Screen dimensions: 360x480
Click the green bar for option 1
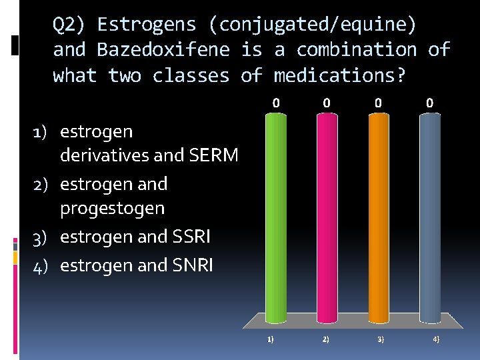point(276,217)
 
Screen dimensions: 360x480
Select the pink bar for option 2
point(327,217)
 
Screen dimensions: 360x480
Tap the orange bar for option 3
point(378,217)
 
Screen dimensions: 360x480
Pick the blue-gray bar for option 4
point(429,217)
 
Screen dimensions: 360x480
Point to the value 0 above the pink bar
point(327,103)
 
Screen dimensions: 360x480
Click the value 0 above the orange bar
point(378,103)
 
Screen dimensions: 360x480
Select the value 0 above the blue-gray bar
point(429,103)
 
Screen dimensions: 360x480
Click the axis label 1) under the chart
point(270,339)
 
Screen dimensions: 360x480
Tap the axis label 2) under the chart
point(325,339)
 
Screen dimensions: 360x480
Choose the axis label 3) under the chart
point(380,339)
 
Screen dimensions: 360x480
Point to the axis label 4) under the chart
point(435,339)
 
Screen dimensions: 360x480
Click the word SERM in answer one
point(213,155)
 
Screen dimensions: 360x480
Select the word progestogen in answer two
point(112,208)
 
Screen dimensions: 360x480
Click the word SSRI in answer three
point(191,237)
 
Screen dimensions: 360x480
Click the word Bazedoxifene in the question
point(163,49)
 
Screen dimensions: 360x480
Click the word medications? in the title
point(339,75)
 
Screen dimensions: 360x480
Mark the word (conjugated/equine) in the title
point(313,25)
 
